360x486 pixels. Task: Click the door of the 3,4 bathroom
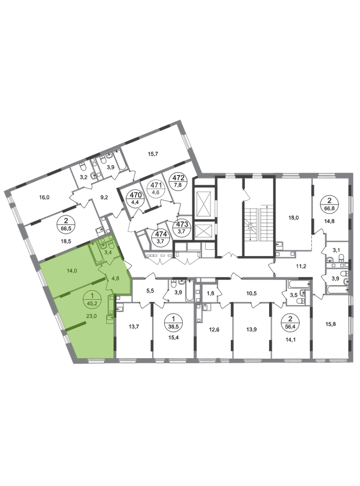(x=111, y=260)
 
